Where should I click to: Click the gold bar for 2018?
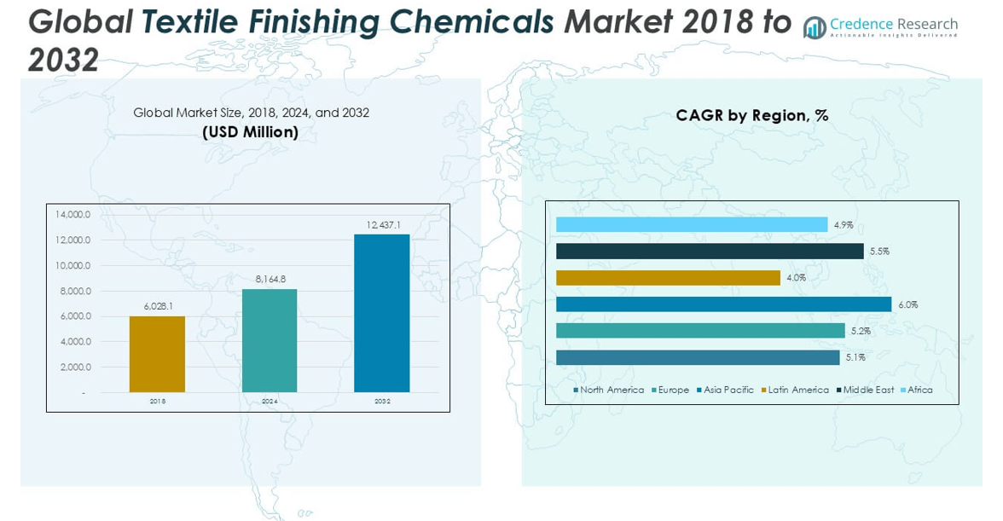tap(157, 354)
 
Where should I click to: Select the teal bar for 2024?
tap(270, 340)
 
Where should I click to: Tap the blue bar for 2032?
tap(382, 313)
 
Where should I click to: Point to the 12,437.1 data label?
tap(384, 225)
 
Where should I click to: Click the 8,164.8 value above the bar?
tap(270, 279)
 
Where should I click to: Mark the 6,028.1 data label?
tap(158, 306)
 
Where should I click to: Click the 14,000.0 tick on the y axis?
tap(73, 214)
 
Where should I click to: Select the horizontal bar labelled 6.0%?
tap(723, 304)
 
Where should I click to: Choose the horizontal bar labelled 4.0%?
tap(668, 278)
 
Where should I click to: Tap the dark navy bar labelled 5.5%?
tap(710, 252)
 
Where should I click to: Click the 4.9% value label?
tap(844, 225)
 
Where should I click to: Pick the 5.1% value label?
tap(855, 358)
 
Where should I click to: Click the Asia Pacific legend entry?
tap(728, 390)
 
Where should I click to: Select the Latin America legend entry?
tap(797, 390)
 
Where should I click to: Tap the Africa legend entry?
tap(919, 390)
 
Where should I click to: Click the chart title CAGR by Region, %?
tap(751, 115)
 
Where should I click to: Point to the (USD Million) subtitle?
tap(250, 132)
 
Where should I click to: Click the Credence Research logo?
tap(880, 27)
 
